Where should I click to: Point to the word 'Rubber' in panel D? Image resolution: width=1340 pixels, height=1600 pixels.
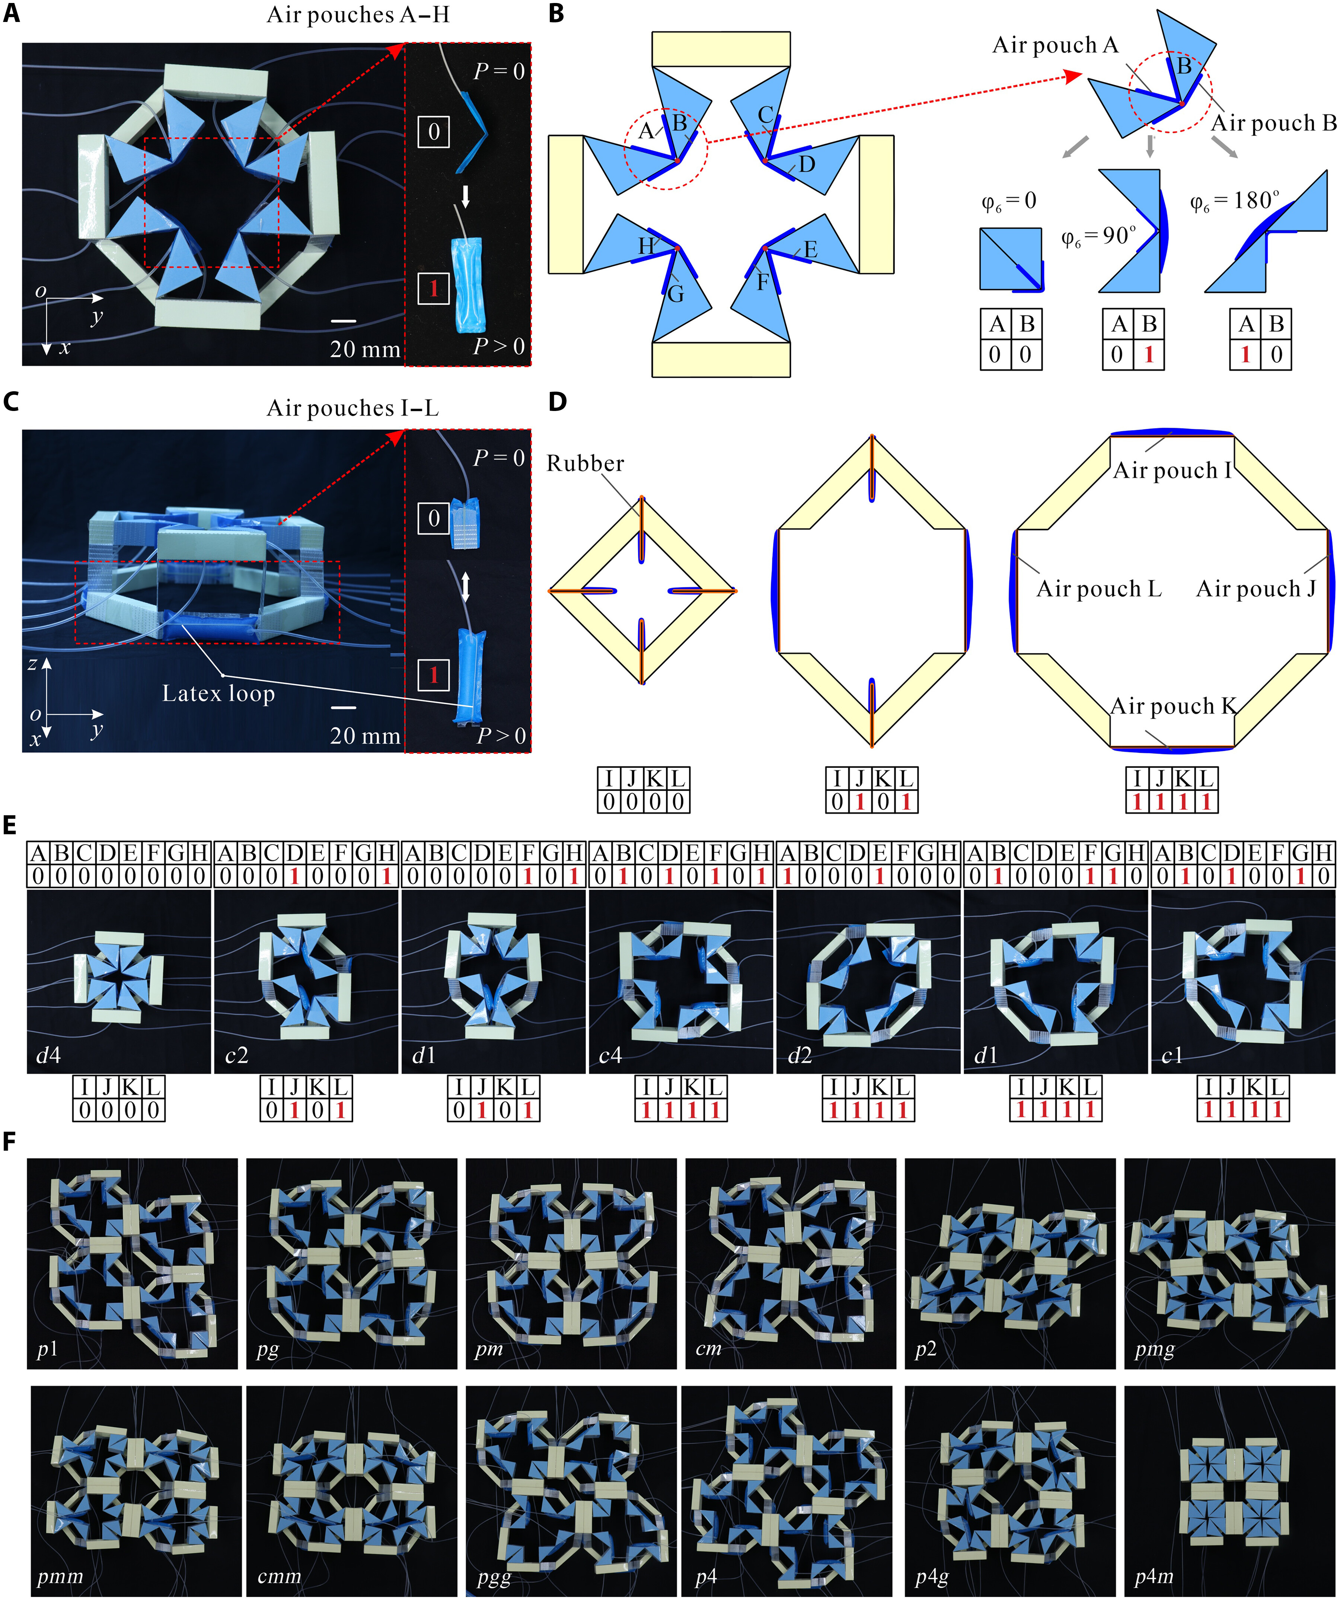pyautogui.click(x=585, y=463)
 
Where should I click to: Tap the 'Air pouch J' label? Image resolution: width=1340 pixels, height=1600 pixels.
pyautogui.click(x=1256, y=589)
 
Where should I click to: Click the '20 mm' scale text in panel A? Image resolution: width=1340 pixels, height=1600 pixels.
pyautogui.click(x=365, y=350)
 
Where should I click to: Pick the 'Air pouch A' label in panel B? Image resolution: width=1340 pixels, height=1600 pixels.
pyautogui.click(x=1055, y=46)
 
